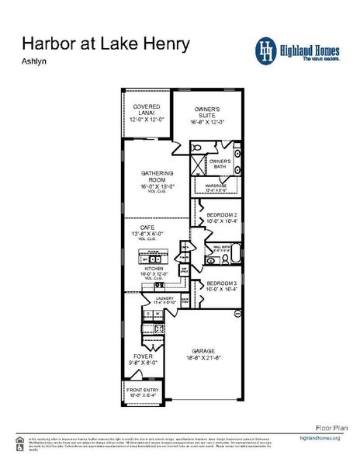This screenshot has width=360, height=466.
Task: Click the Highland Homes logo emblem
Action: [267, 50]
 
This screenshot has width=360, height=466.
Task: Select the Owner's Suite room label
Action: [207, 113]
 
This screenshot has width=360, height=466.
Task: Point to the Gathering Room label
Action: [157, 177]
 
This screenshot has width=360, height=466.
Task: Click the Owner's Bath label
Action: [220, 164]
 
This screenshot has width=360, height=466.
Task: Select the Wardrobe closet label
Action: [216, 187]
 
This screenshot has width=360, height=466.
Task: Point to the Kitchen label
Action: [153, 269]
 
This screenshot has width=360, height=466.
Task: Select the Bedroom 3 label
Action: [221, 285]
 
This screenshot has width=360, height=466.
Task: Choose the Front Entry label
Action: [144, 391]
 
